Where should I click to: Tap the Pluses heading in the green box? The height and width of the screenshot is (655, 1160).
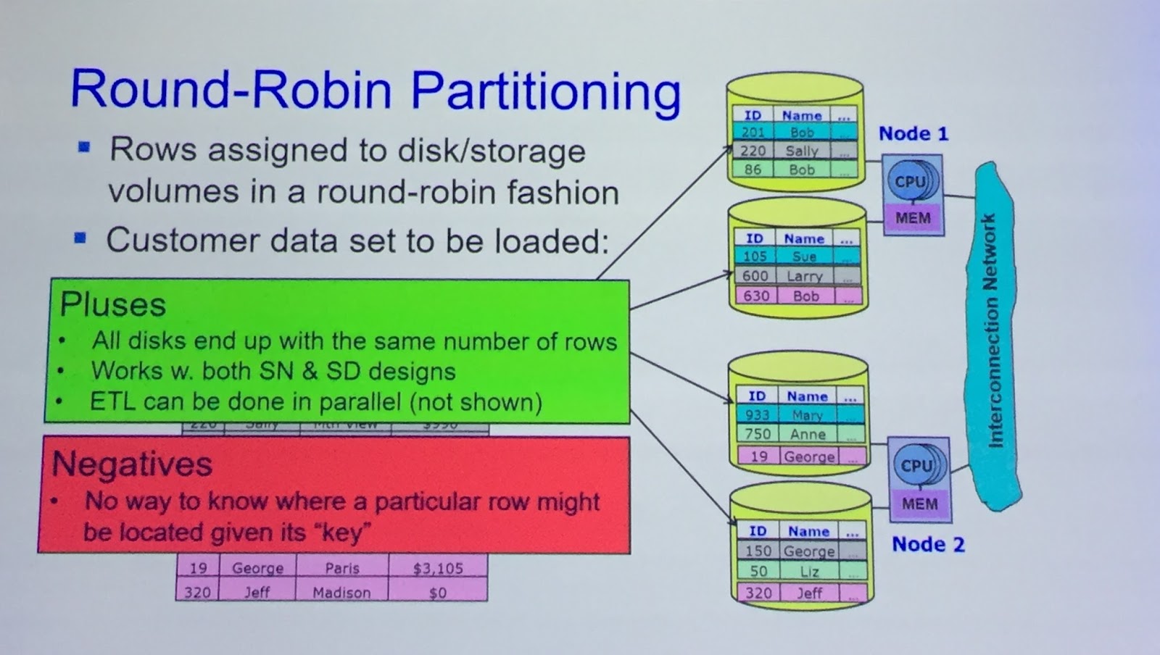click(113, 304)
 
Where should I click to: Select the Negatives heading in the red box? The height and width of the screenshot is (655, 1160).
click(132, 464)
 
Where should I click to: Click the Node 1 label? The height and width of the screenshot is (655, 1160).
click(913, 133)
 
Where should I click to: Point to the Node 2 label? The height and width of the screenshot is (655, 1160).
click(928, 544)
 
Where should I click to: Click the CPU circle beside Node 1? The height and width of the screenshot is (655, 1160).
click(911, 181)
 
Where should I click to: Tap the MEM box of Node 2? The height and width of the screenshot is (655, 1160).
click(919, 504)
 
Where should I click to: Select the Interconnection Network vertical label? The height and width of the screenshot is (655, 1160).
click(990, 330)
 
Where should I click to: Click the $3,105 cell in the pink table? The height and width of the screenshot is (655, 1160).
click(437, 569)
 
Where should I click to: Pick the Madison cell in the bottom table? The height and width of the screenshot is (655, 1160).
click(341, 593)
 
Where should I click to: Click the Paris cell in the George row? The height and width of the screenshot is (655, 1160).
click(341, 569)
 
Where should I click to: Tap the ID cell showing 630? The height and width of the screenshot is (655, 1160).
click(755, 296)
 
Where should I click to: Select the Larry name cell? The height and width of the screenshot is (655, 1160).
click(805, 276)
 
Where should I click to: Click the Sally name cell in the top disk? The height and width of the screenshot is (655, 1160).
click(802, 151)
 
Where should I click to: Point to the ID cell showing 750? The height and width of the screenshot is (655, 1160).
click(758, 434)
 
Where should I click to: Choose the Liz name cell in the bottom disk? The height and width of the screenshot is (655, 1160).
click(809, 571)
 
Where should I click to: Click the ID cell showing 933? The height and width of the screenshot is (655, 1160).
click(757, 415)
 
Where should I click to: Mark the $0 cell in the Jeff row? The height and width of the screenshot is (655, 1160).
click(437, 593)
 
